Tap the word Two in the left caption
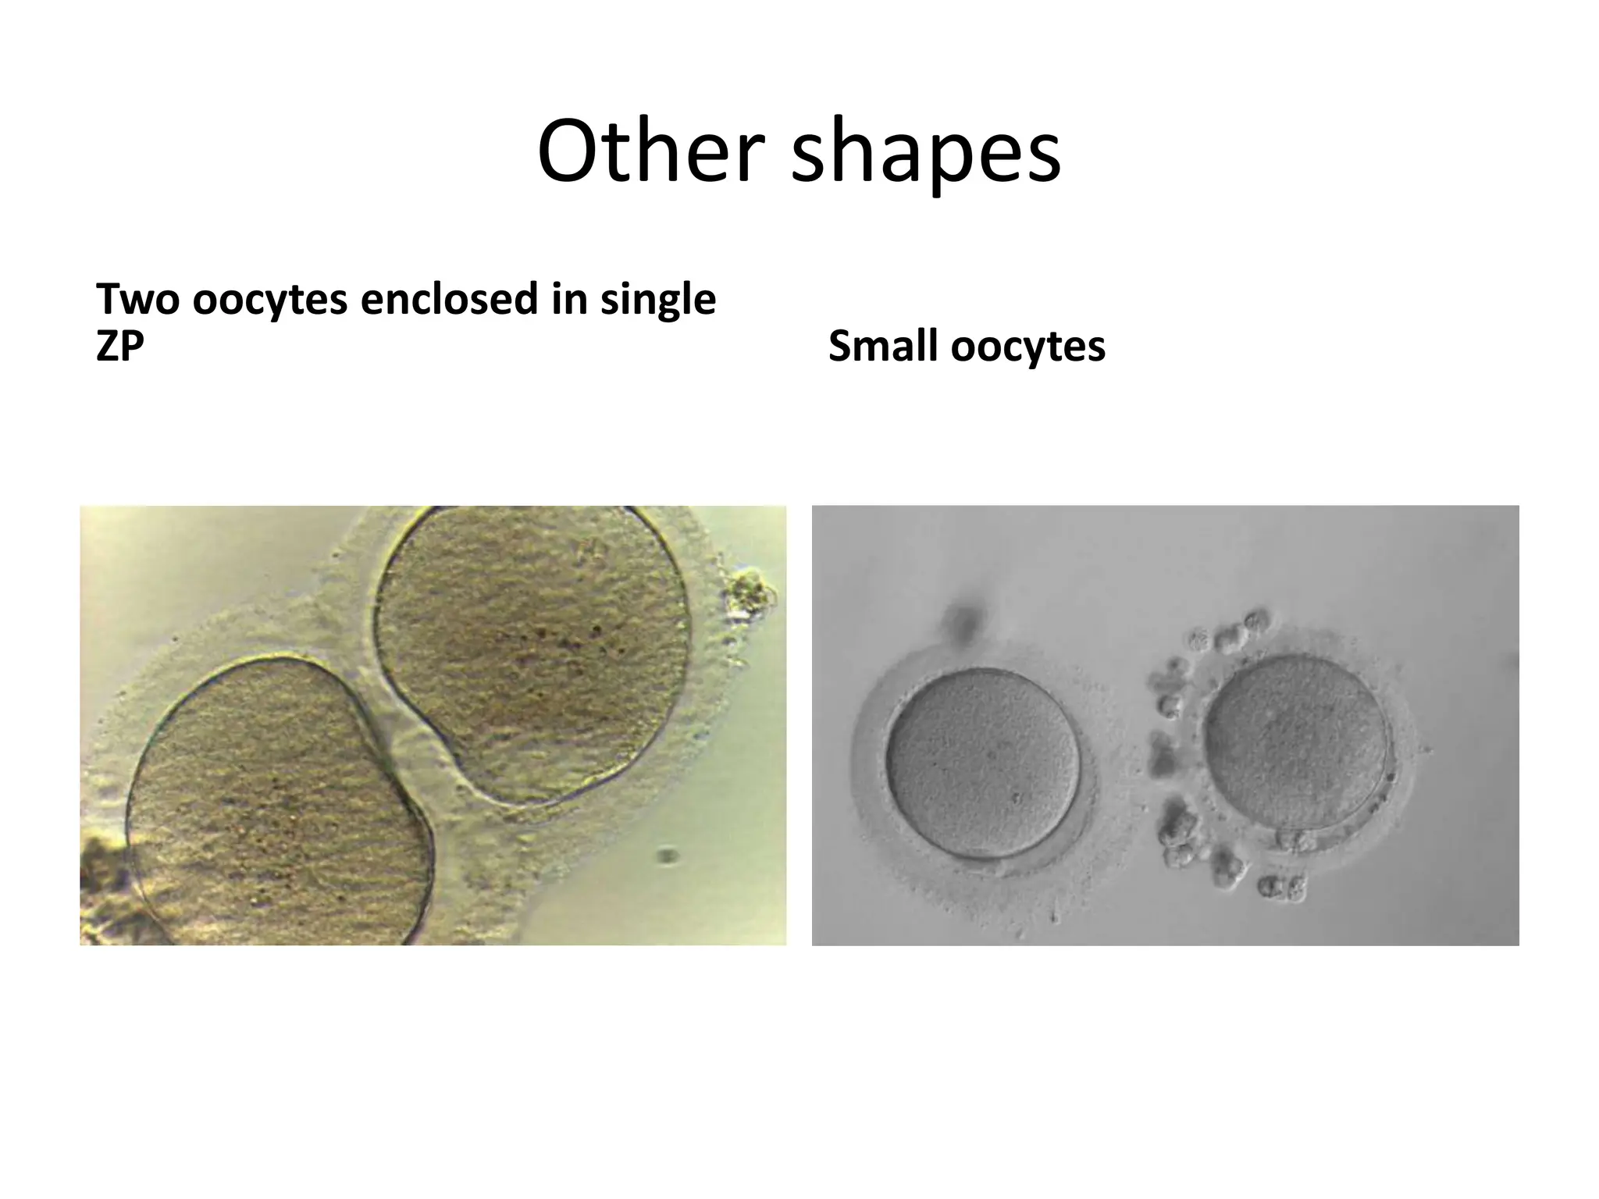tap(137, 299)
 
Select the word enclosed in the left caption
tap(449, 299)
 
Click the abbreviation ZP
tap(119, 345)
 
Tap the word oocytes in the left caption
tap(269, 300)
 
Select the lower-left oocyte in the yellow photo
tap(277, 804)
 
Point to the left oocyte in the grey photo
tap(983, 763)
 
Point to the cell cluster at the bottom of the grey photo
tap(1281, 885)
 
